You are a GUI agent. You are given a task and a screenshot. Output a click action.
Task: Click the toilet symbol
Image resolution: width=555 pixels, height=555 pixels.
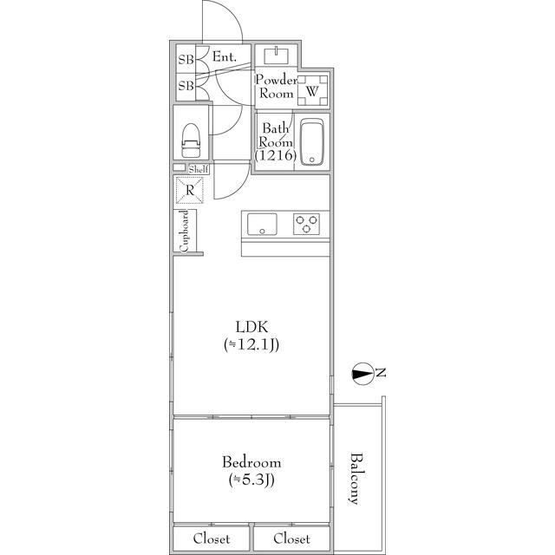coord(191,140)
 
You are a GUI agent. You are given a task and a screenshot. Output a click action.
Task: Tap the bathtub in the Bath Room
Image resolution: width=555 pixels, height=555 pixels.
coord(312,141)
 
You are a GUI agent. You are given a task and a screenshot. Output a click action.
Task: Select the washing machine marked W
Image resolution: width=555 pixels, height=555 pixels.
coord(312,90)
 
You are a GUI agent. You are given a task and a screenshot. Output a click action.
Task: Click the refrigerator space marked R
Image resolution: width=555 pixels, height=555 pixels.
coord(190,191)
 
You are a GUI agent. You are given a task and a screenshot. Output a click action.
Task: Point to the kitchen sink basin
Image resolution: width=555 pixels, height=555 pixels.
coord(262,224)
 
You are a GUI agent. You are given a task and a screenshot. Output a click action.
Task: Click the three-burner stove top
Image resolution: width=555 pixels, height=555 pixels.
coord(306,224)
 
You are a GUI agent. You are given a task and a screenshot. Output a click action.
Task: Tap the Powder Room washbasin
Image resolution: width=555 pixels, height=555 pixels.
coord(277,55)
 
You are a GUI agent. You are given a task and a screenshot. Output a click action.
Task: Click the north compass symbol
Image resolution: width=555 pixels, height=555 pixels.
coord(362,374)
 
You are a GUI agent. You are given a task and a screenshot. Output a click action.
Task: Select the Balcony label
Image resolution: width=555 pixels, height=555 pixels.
coord(356,478)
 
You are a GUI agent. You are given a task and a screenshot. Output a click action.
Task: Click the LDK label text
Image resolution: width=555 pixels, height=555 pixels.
coord(251,327)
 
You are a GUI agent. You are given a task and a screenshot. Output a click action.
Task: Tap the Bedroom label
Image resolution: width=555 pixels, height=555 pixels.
coord(251,462)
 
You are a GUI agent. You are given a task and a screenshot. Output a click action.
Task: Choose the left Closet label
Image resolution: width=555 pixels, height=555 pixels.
coord(212,539)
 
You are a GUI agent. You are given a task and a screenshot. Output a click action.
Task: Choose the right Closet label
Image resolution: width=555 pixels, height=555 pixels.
coord(291,539)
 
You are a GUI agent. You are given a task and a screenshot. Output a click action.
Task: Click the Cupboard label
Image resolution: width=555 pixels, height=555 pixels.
coord(184,232)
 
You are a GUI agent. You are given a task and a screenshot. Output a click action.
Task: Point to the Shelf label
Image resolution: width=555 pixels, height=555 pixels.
coord(199,169)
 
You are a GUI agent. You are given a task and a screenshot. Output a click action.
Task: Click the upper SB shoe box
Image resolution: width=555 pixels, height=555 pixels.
coord(186,59)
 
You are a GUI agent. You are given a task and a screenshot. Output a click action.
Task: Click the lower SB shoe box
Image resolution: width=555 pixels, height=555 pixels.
coord(186,86)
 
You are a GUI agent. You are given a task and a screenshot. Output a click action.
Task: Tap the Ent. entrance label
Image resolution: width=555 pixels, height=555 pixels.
coord(225,56)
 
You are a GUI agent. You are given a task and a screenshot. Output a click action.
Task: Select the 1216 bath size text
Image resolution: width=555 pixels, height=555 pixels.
coord(276,155)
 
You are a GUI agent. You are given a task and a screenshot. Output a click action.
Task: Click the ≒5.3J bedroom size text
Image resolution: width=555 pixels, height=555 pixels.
coord(251,480)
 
